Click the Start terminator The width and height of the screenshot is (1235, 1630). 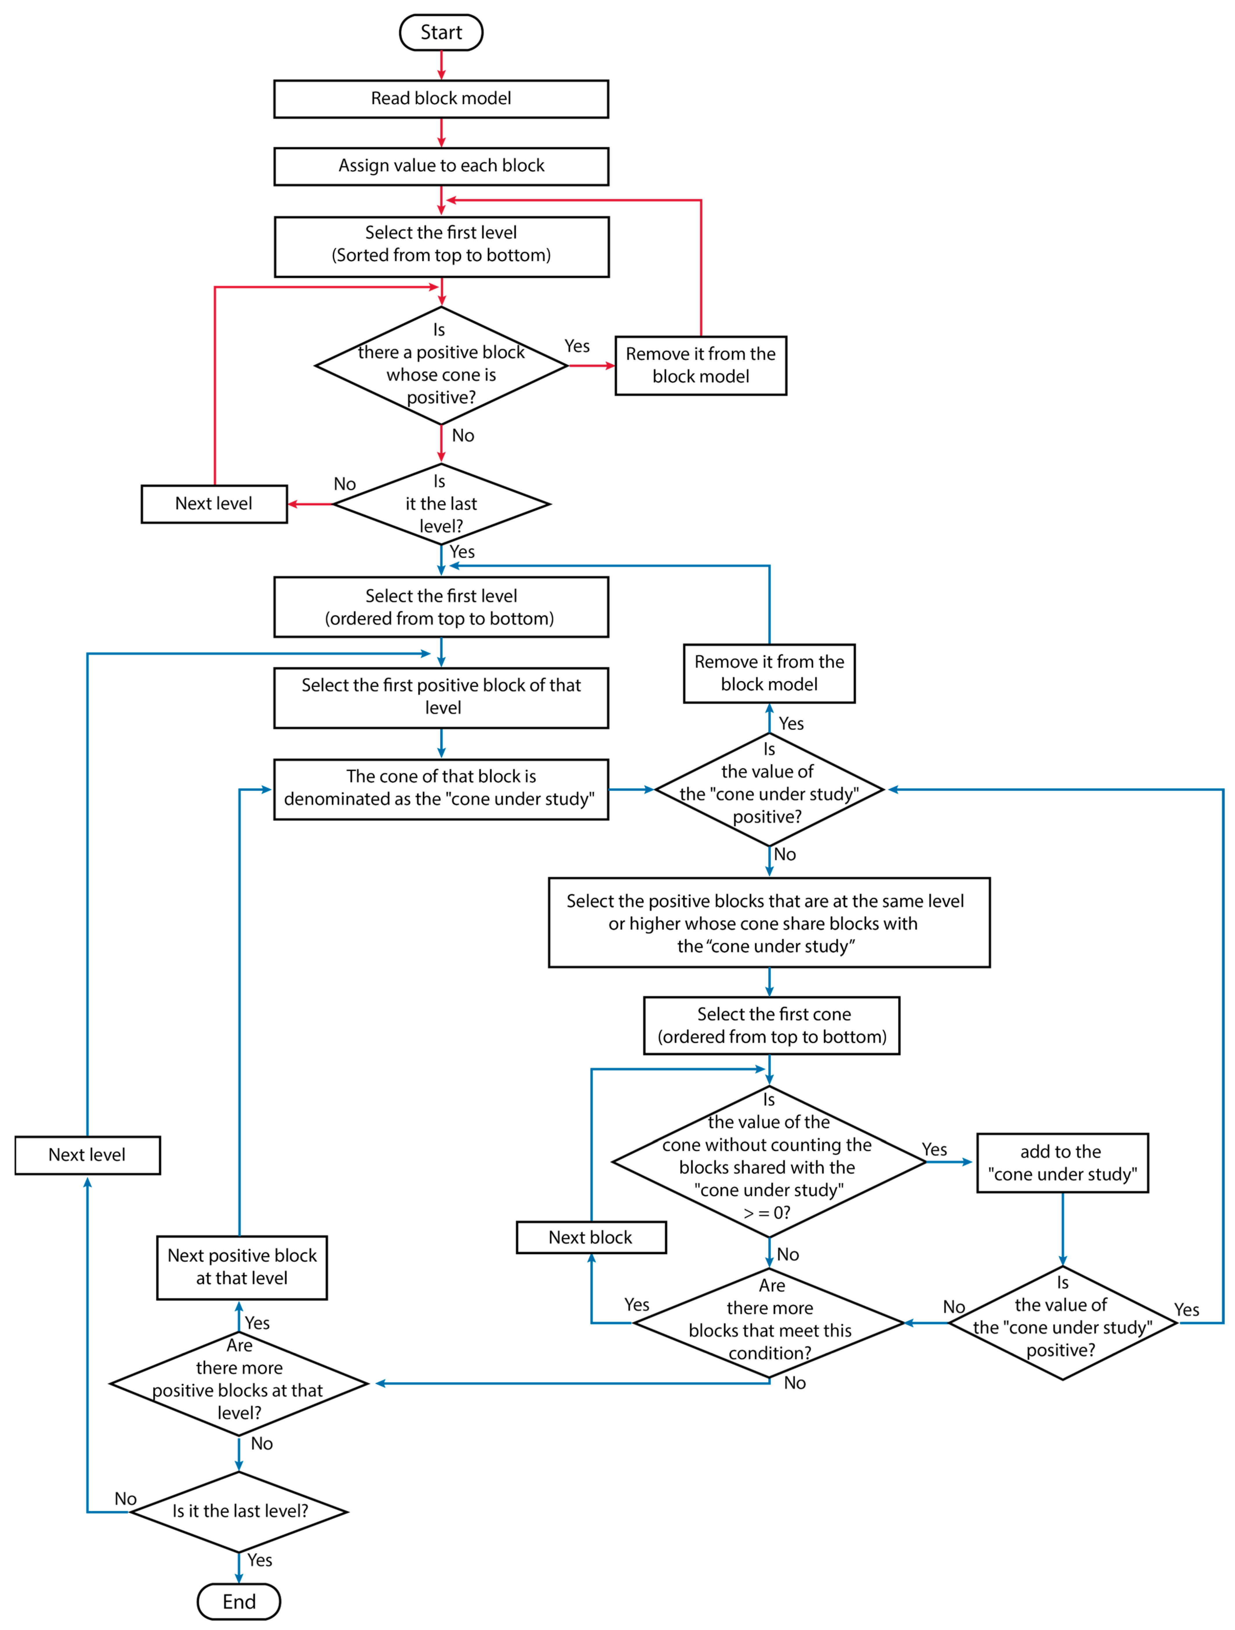pos(441,32)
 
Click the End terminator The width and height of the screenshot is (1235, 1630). pos(239,1601)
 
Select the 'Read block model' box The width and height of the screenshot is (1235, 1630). pos(441,99)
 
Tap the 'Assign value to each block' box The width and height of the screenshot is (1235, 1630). pos(441,166)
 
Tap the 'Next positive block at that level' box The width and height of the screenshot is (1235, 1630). pos(242,1267)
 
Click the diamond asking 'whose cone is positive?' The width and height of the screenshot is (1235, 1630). pos(441,365)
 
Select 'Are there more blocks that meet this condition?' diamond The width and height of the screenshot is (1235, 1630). pos(769,1323)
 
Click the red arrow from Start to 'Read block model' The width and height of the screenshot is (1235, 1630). pos(441,65)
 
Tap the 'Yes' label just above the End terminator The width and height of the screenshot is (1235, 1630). pos(259,1560)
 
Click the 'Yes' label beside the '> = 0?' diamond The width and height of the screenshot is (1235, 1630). pos(934,1149)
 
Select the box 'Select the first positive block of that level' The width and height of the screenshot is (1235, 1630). pos(441,697)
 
